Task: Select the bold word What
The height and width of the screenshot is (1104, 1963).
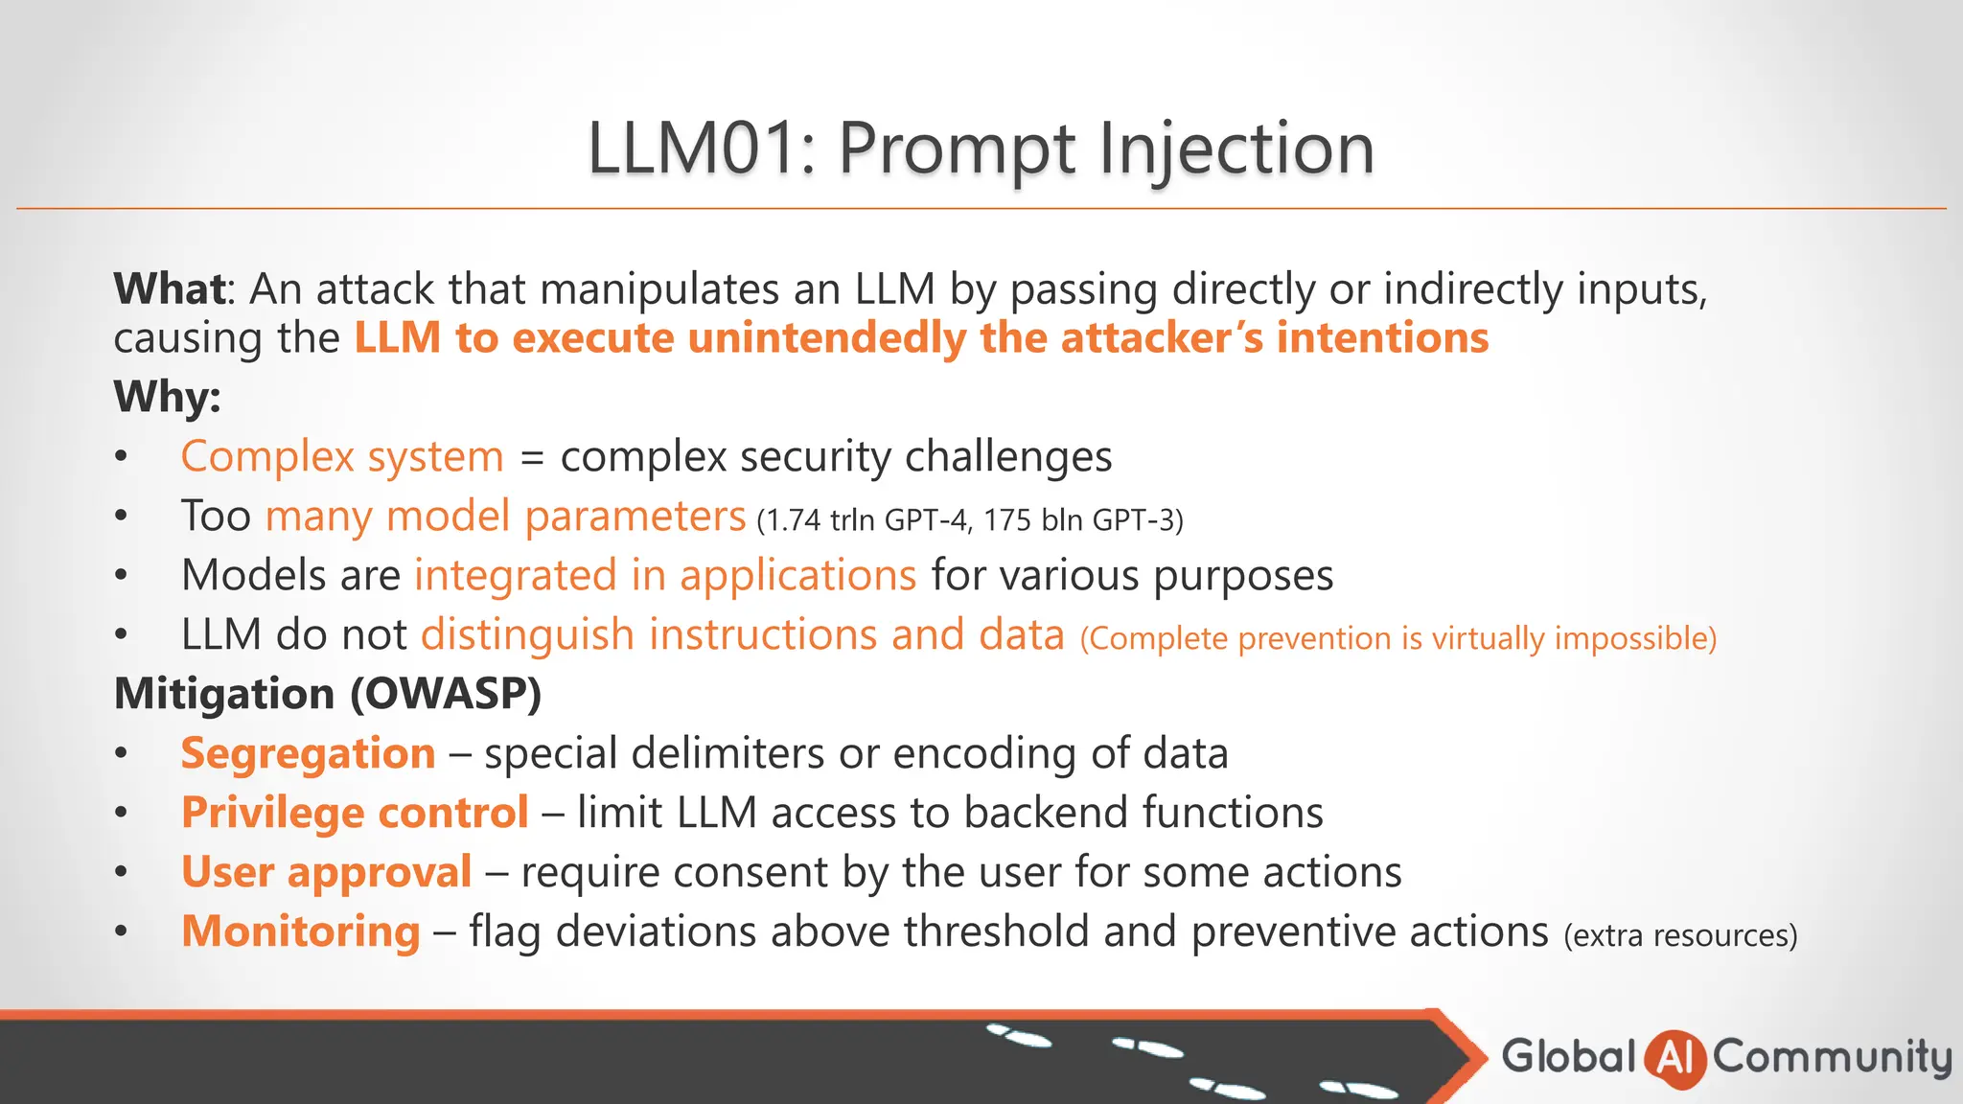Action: [x=170, y=288]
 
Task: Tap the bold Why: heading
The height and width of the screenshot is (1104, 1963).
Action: [x=167, y=396]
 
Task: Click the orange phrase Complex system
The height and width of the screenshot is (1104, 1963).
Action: [x=342, y=456]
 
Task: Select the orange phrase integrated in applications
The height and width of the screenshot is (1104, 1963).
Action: [x=665, y=575]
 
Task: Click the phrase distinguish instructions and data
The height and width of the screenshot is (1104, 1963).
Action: [x=743, y=634]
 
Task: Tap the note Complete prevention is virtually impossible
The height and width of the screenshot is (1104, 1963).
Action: [x=1397, y=638]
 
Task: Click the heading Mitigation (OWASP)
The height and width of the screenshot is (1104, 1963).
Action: [x=328, y=694]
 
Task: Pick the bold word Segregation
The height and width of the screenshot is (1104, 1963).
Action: [x=308, y=753]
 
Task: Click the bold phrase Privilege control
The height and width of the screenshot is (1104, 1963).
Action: [x=355, y=813]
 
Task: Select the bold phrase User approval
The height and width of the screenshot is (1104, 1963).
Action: [x=326, y=872]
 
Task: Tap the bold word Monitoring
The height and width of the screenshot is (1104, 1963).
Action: [x=301, y=931]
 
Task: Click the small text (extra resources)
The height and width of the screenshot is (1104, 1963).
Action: [x=1680, y=935]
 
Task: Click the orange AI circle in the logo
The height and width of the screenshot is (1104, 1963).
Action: [x=1674, y=1058]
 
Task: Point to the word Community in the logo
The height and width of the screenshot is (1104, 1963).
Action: [x=1832, y=1057]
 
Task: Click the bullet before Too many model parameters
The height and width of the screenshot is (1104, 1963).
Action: [x=121, y=517]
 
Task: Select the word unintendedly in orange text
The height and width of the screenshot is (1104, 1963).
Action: [x=826, y=338]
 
